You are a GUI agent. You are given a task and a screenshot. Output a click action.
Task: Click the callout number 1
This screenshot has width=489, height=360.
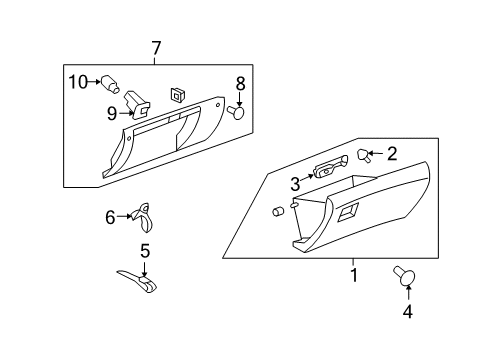pyautogui.click(x=352, y=271)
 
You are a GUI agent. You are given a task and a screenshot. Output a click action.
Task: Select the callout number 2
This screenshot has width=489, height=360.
pyautogui.click(x=392, y=153)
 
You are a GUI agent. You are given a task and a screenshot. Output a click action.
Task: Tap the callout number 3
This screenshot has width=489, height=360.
pyautogui.click(x=295, y=184)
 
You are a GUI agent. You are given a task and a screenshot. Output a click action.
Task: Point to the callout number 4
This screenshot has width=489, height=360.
pyautogui.click(x=407, y=310)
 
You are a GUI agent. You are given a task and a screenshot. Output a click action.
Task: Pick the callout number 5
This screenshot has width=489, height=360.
pyautogui.click(x=144, y=250)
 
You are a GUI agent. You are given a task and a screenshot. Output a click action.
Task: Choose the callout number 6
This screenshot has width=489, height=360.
pyautogui.click(x=111, y=215)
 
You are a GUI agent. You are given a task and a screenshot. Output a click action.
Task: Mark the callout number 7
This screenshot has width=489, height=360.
pyautogui.click(x=156, y=47)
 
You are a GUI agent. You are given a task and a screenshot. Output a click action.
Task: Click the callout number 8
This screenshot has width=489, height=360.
pyautogui.click(x=240, y=82)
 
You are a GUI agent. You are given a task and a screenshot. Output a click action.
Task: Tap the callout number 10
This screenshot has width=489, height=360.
pyautogui.click(x=78, y=81)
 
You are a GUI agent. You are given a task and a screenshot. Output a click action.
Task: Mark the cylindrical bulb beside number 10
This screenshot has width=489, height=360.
pyautogui.click(x=111, y=84)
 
